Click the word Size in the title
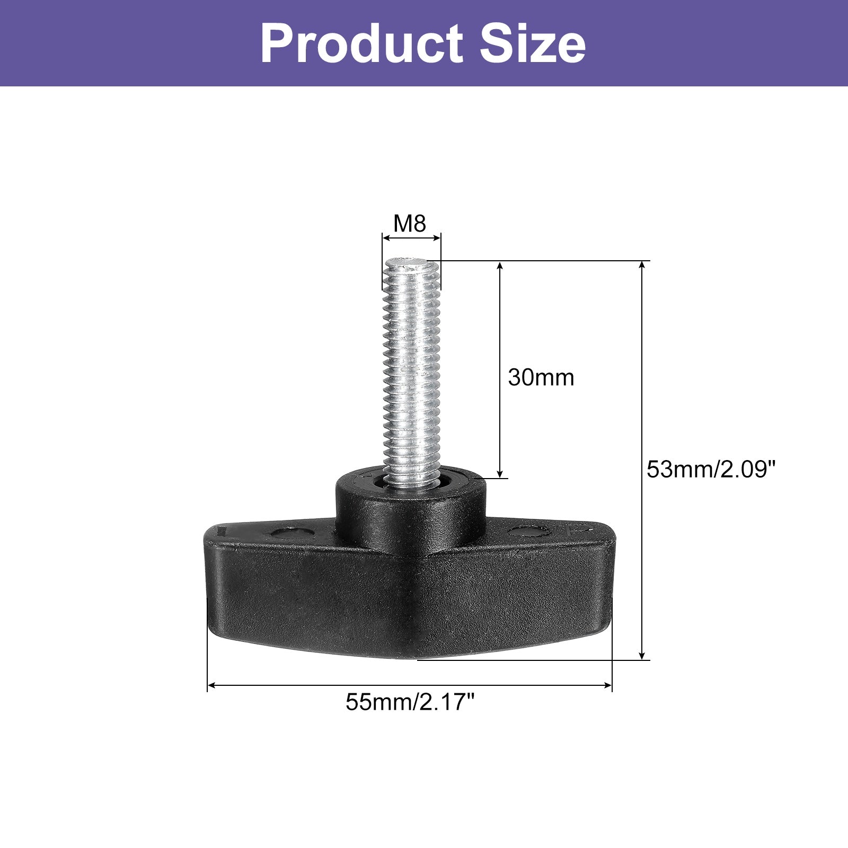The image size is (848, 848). click(533, 43)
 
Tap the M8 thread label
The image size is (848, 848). click(410, 224)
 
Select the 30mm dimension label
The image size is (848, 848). click(541, 377)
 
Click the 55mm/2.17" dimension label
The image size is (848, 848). click(410, 703)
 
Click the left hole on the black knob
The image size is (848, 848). click(289, 532)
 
